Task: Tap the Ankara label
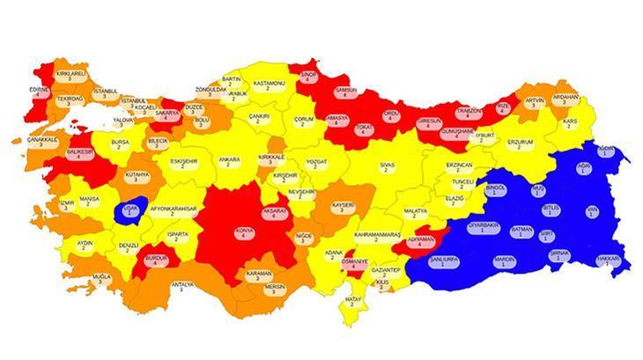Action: pos(229,162)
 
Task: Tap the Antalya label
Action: pos(181,287)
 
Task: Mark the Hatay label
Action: pos(354,302)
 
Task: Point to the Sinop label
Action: pos(308,77)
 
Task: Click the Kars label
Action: pos(570,123)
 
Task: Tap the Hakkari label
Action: pos(609,261)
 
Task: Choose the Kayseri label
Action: pos(343,208)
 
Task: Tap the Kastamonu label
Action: pos(268,85)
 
